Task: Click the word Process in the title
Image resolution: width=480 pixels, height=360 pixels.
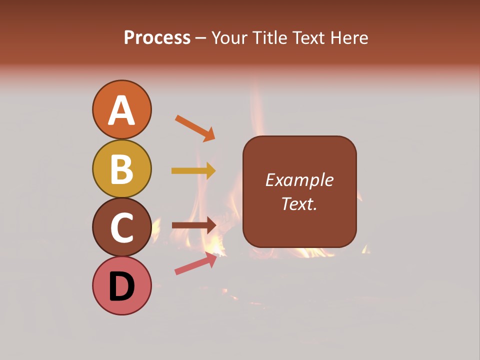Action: [157, 38]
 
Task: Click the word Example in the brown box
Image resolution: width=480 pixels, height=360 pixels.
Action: [299, 180]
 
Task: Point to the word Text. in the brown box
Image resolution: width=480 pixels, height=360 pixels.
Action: [299, 203]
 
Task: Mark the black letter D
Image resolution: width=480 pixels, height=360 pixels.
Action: [121, 287]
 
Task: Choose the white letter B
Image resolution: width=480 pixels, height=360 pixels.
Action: [121, 169]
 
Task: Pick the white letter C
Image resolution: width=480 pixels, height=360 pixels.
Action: [121, 228]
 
